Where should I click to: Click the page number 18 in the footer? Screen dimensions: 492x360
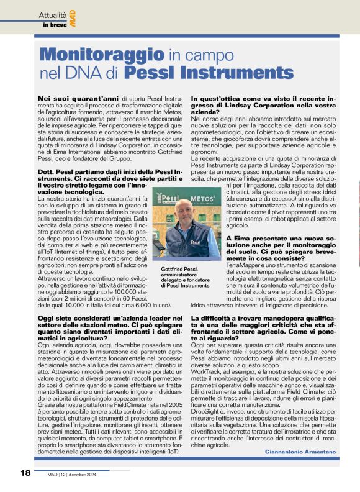point(25,473)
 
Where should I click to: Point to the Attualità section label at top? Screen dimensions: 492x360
point(55,14)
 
